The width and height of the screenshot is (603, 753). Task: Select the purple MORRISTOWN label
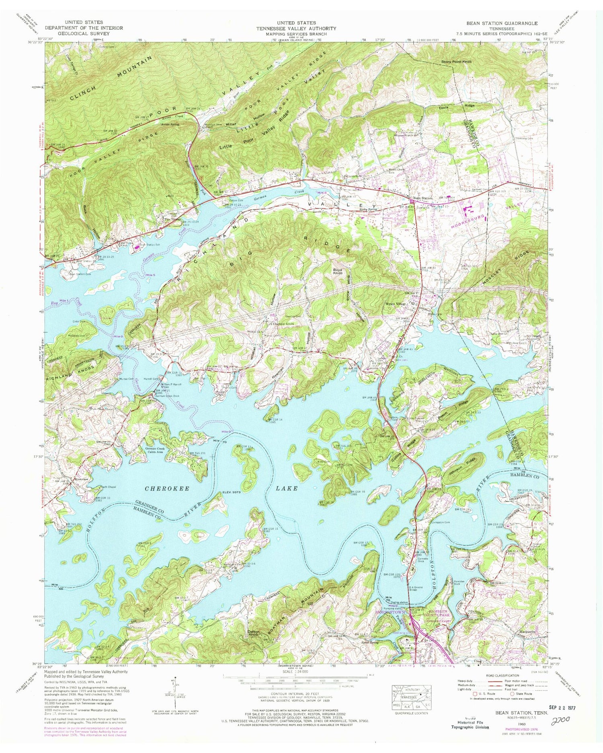pos(390,612)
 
